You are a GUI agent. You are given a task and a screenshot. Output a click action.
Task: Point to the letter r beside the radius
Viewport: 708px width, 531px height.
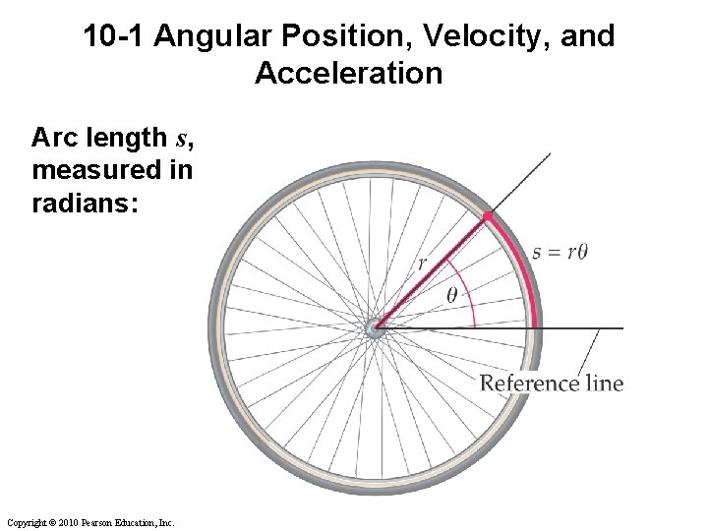click(x=422, y=263)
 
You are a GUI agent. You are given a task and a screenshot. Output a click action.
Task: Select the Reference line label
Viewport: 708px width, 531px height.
click(x=551, y=383)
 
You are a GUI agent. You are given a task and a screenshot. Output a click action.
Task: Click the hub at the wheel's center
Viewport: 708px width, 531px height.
click(x=375, y=327)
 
